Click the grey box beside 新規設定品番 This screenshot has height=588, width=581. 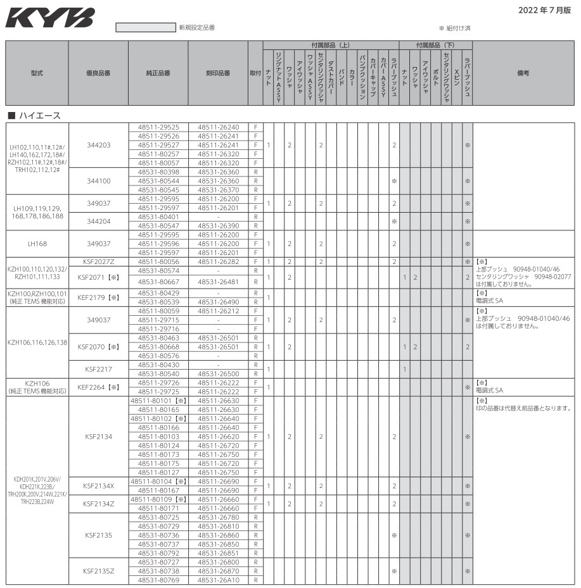coord(145,28)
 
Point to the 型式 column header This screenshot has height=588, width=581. coord(37,73)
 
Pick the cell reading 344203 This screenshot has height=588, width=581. coord(98,145)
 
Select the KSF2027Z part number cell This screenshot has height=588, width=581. coord(98,261)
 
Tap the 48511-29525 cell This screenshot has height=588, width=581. coord(158,127)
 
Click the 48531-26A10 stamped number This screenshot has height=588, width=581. coord(219,580)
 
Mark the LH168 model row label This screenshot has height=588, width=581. coord(37,243)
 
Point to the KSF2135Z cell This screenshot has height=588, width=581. coord(98,571)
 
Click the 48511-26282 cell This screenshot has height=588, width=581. coord(219,261)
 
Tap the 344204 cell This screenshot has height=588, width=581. coord(98,221)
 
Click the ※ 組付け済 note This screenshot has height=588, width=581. coord(454,28)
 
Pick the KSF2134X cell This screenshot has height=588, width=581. coord(98,485)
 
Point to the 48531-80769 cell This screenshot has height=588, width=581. coord(158,580)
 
